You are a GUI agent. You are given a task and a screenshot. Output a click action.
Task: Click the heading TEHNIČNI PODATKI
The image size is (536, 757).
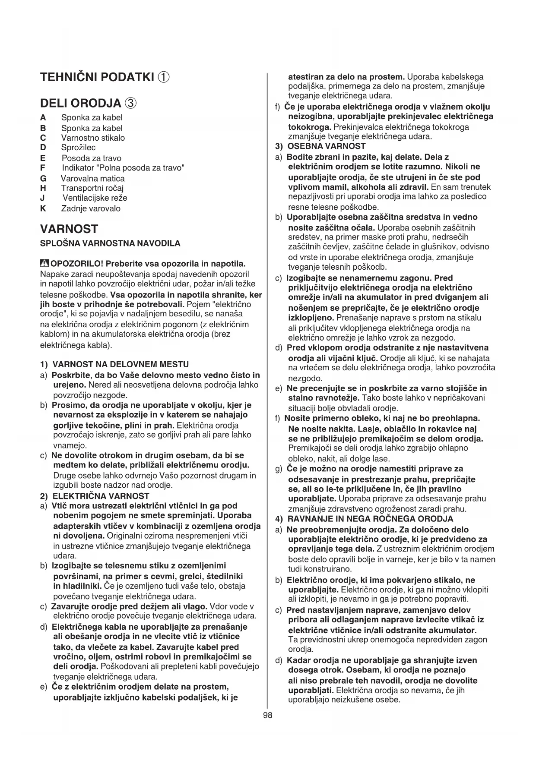pyautogui.click(x=97, y=77)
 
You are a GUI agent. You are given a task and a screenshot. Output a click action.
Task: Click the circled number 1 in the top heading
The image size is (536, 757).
pyautogui.click(x=163, y=77)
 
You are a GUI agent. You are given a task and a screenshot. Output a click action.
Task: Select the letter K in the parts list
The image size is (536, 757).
pyautogui.click(x=43, y=208)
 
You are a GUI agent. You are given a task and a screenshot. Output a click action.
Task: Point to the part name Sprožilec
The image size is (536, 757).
pyautogui.click(x=78, y=148)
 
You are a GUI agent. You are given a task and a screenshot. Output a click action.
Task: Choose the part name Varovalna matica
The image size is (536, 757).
pyautogui.click(x=92, y=178)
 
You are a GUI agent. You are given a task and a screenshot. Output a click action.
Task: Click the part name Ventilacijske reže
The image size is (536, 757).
pyautogui.click(x=95, y=198)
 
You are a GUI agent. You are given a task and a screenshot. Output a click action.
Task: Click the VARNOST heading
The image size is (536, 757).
pyautogui.click(x=69, y=229)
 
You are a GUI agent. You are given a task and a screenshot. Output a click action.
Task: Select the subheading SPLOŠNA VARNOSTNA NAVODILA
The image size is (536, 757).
pyautogui.click(x=110, y=243)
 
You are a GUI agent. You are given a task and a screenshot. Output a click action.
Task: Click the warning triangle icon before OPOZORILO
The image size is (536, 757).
pyautogui.click(x=44, y=263)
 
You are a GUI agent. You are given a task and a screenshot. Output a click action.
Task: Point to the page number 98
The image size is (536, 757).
pyautogui.click(x=267, y=716)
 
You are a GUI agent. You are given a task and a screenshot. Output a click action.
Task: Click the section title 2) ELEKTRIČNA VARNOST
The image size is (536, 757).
pyautogui.click(x=95, y=496)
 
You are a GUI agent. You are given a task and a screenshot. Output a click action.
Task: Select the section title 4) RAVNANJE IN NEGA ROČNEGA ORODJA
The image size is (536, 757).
pyautogui.click(x=364, y=519)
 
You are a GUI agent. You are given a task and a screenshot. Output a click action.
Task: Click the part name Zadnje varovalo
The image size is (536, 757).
pyautogui.click(x=91, y=208)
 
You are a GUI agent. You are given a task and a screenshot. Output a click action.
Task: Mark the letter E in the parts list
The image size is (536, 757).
pyautogui.click(x=42, y=158)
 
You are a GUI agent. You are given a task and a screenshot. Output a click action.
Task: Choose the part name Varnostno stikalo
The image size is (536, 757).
pyautogui.click(x=93, y=138)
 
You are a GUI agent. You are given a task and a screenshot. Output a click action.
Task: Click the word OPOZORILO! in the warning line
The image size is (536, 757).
pyautogui.click(x=77, y=264)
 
